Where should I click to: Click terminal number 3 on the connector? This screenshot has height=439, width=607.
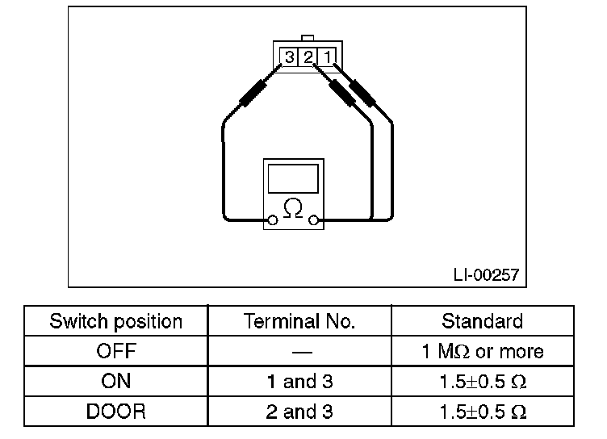[289, 57]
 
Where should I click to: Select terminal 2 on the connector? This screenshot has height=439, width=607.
[308, 57]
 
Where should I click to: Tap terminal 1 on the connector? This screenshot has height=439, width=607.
[326, 57]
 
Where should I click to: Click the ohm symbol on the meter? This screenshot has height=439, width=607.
[294, 209]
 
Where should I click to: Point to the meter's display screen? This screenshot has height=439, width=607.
[294, 178]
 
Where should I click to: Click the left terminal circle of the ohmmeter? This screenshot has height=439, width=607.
[273, 219]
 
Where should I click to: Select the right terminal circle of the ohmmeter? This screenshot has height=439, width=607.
[314, 219]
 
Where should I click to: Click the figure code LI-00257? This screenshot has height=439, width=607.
[486, 275]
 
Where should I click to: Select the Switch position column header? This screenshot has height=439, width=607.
[116, 321]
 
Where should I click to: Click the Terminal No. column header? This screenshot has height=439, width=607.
[299, 321]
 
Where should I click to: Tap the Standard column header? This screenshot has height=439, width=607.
[482, 321]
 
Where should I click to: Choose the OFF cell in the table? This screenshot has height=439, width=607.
[116, 351]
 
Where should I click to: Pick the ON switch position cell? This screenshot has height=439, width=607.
[116, 381]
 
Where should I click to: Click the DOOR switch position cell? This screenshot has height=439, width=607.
[116, 411]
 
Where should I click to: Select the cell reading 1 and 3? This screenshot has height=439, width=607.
[299, 381]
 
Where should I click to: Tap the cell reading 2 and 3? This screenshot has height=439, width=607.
[299, 411]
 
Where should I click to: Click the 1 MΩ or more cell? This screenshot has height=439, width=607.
[482, 351]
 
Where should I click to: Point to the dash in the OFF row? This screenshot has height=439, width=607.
[299, 352]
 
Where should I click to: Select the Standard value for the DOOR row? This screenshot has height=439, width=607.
[482, 411]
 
